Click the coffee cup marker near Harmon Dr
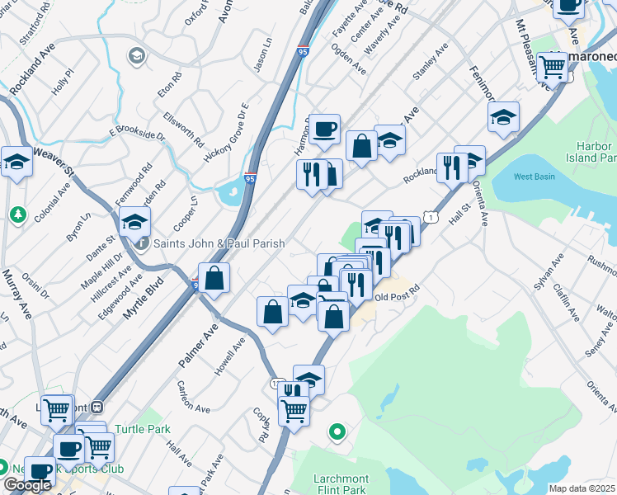[x=325, y=129]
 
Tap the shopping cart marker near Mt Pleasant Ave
[x=551, y=68]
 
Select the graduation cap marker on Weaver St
[x=16, y=161]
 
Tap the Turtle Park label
[x=142, y=429]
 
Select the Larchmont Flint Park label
[x=340, y=484]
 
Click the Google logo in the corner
[x=27, y=485]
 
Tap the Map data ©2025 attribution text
[x=582, y=488]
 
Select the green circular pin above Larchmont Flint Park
[x=337, y=431]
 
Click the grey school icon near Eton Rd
[x=136, y=56]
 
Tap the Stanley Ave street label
[x=430, y=64]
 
